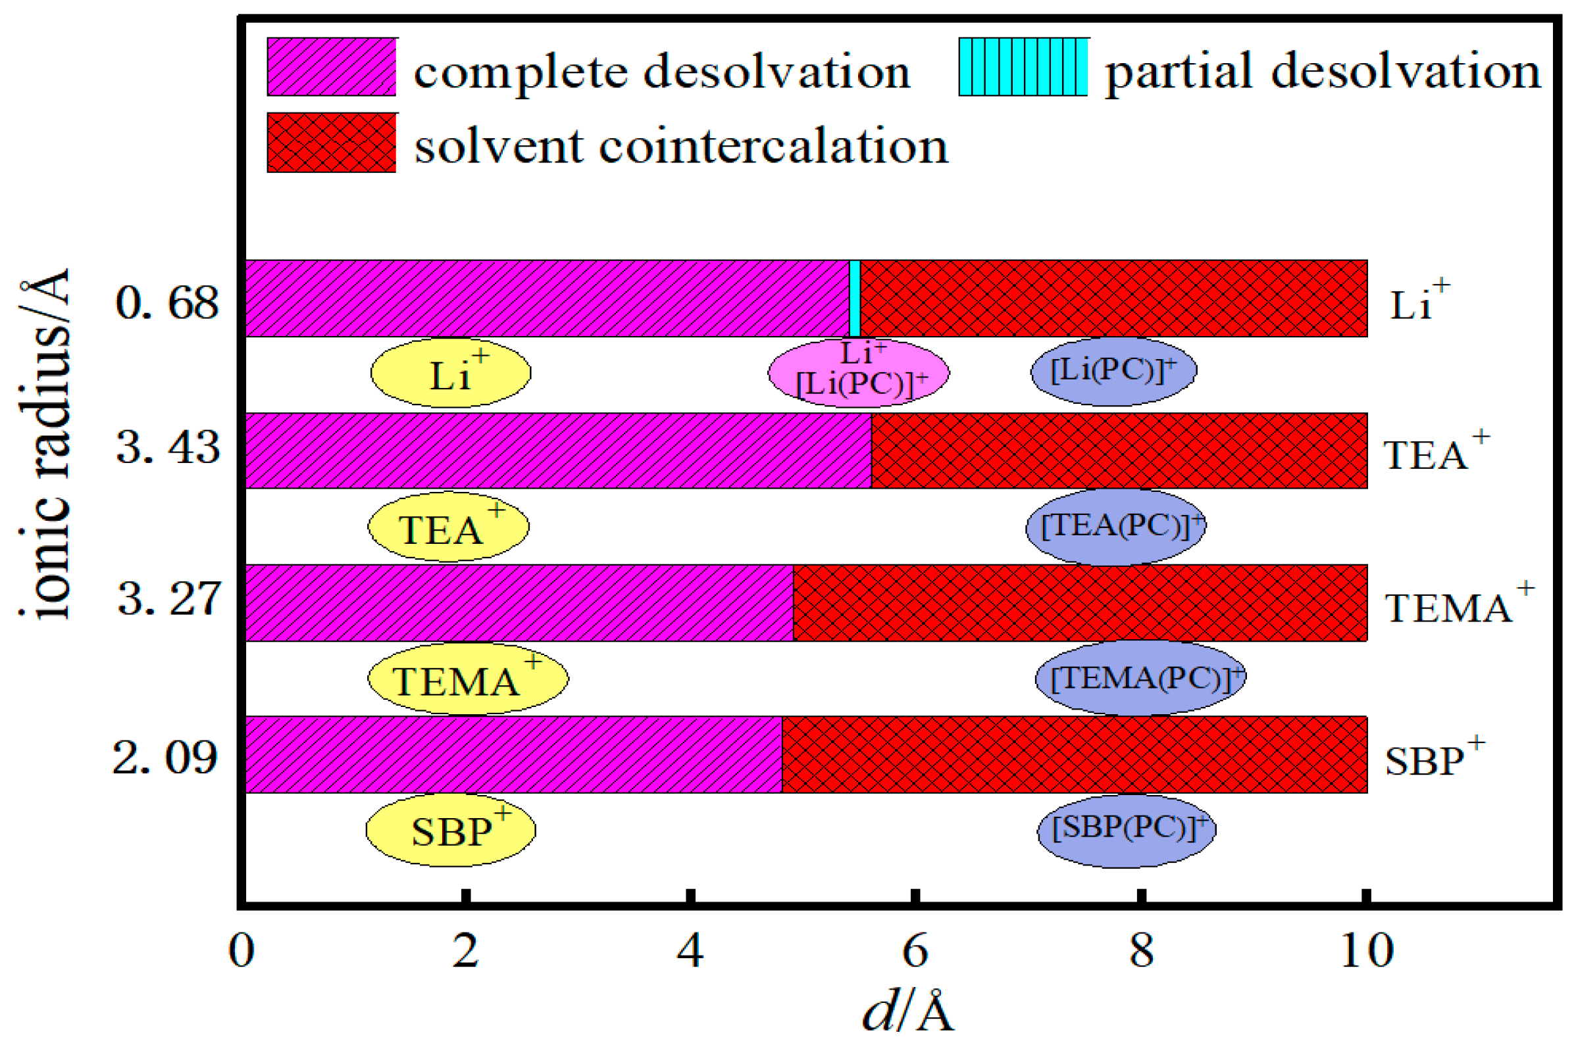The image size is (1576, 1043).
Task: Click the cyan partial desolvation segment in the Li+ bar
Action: point(855,298)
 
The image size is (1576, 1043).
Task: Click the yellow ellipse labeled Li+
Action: point(451,372)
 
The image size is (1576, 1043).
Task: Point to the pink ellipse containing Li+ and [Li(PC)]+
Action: point(859,372)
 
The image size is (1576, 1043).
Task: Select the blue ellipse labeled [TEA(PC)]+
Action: point(1115,527)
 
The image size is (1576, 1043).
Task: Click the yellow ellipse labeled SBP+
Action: point(451,829)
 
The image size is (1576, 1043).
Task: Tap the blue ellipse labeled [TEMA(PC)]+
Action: point(1140,678)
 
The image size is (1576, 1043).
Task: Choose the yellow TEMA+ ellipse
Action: point(468,679)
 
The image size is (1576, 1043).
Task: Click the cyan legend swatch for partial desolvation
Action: point(1023,67)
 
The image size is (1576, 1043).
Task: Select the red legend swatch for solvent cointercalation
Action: point(332,142)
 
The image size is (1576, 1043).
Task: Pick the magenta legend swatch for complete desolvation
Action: point(332,67)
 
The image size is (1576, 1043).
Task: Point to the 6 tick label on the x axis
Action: point(915,951)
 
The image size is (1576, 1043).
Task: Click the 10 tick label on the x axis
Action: point(1365,951)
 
